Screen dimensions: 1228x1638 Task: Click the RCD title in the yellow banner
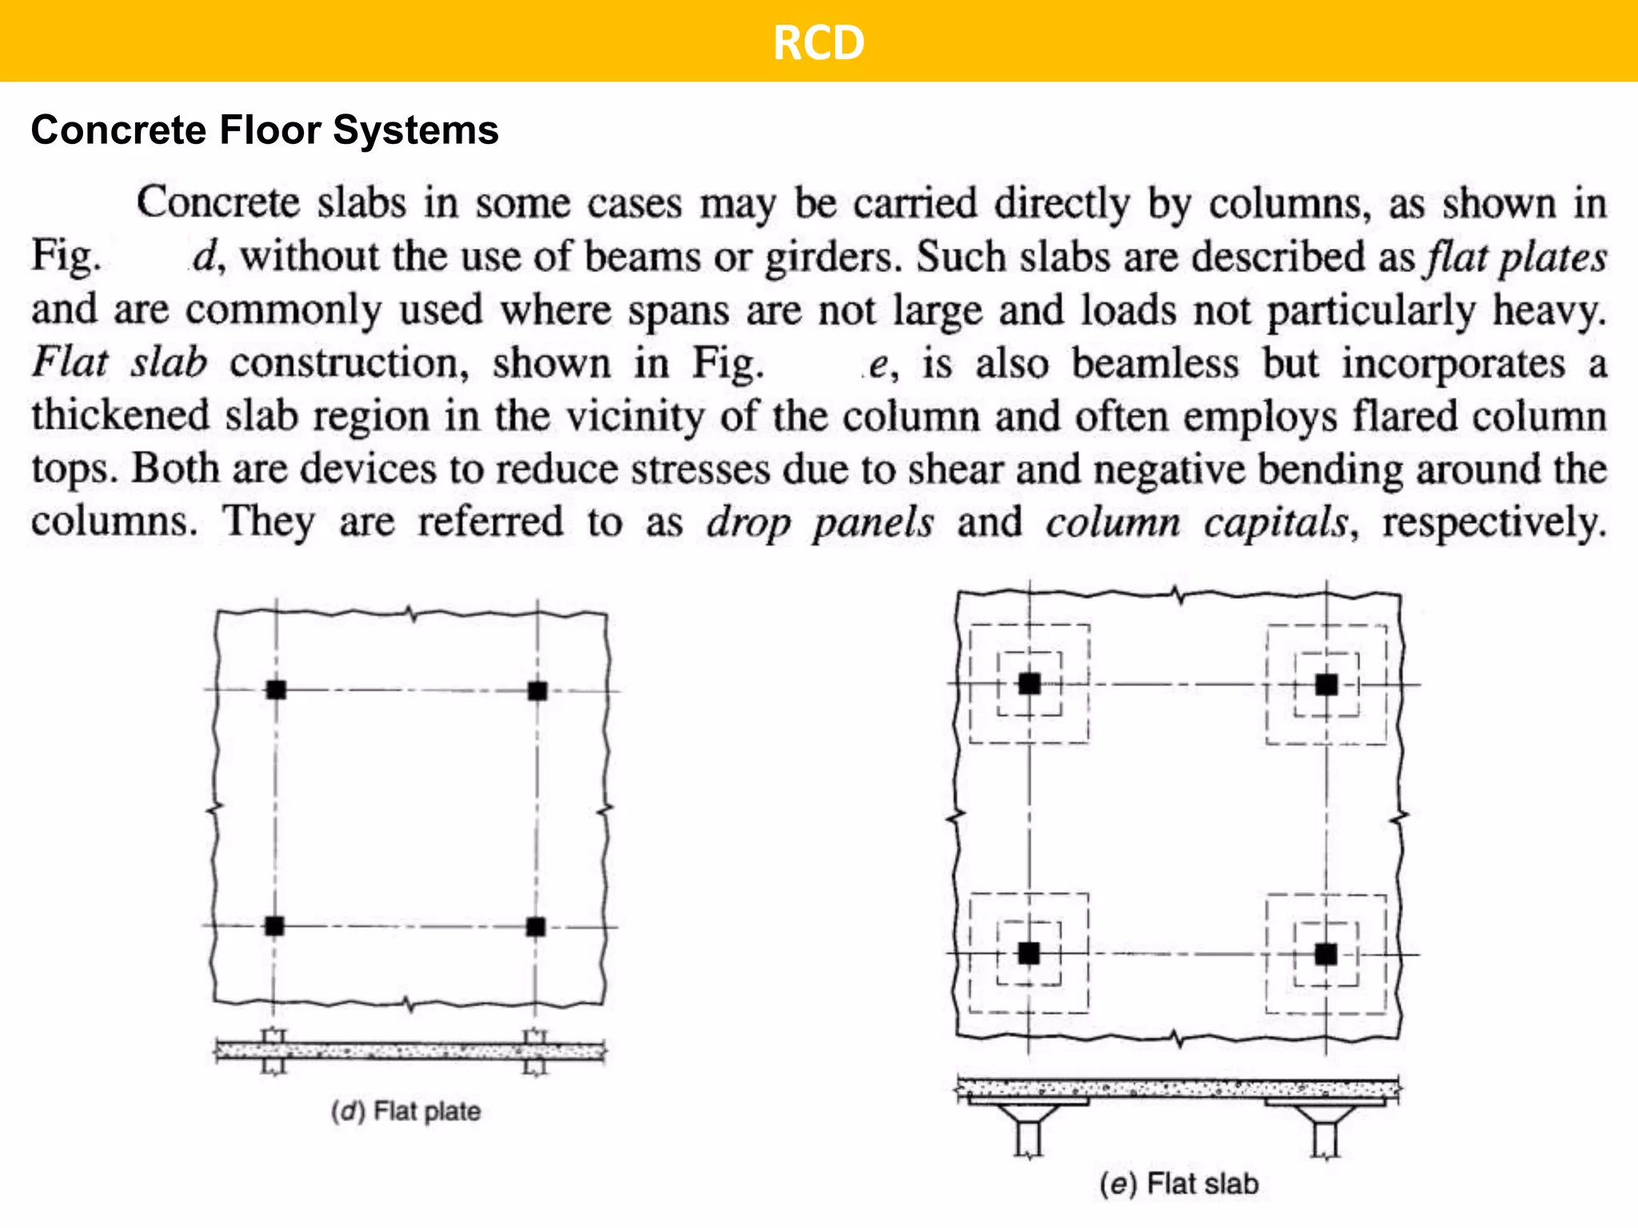(818, 42)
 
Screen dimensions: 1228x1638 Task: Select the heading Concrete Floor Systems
(265, 130)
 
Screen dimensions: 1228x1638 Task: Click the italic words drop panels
(820, 523)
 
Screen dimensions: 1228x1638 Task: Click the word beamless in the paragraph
(1155, 364)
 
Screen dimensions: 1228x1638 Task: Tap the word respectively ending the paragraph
(1493, 523)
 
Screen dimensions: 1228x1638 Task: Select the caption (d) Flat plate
(406, 1111)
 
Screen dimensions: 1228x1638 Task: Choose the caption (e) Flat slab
(1179, 1183)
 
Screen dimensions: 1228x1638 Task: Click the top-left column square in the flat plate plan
(276, 690)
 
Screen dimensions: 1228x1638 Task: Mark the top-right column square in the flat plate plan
(537, 691)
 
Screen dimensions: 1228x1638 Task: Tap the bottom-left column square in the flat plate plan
(274, 926)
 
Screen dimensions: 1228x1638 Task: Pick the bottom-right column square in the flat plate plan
(536, 927)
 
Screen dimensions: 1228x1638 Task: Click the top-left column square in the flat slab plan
(1029, 684)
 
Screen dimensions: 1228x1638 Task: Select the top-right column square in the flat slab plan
(1326, 684)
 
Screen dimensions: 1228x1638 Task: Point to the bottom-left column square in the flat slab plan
(1029, 953)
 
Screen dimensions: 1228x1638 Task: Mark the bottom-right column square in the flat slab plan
(1326, 954)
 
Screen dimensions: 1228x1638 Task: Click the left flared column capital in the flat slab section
(1029, 1114)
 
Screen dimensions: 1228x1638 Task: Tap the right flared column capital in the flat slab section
(1325, 1114)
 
